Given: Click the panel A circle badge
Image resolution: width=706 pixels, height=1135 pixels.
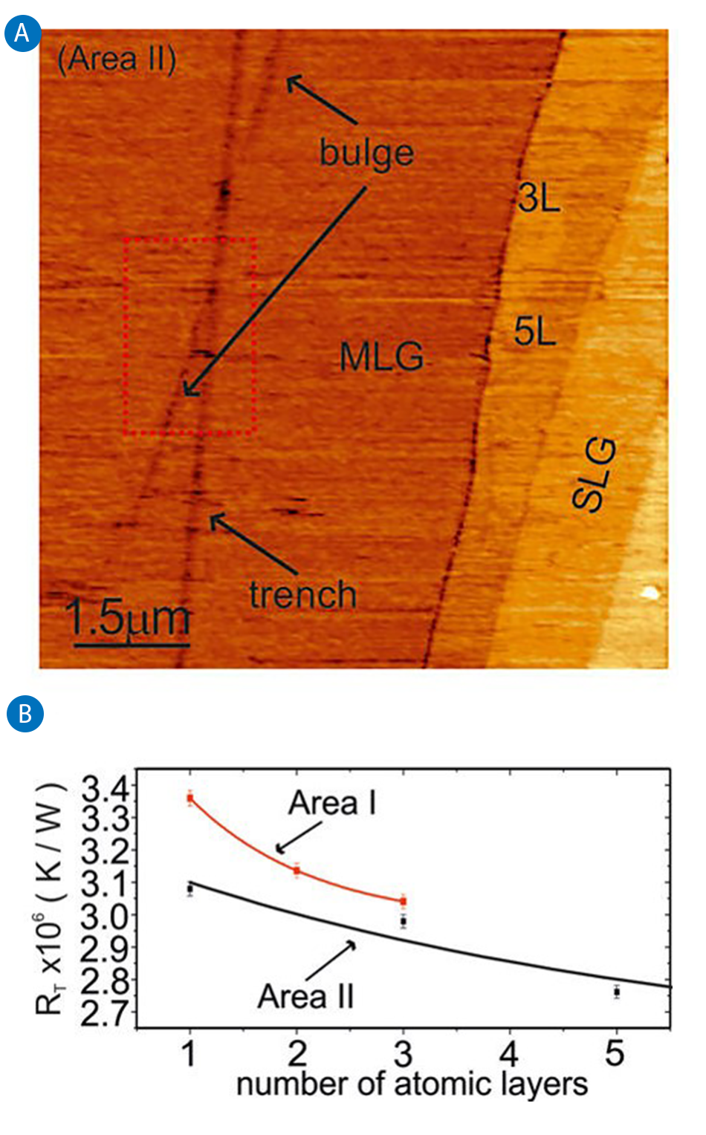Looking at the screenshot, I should click(23, 33).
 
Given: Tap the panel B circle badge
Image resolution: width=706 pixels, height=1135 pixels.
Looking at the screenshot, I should click(25, 714).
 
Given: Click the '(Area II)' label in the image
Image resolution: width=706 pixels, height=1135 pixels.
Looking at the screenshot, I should click(117, 59).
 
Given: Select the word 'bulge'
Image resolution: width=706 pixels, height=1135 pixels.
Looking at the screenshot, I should click(366, 153).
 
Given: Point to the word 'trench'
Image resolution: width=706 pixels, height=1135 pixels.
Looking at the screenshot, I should click(303, 595).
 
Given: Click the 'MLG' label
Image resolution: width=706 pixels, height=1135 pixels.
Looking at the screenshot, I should click(381, 357).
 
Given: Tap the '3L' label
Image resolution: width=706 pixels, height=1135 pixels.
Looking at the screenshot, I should click(539, 198).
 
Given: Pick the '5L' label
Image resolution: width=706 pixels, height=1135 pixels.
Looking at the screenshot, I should click(535, 331).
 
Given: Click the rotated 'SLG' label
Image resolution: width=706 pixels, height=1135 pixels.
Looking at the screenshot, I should click(595, 474).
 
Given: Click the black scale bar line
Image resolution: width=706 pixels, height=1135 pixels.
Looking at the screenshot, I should click(132, 644).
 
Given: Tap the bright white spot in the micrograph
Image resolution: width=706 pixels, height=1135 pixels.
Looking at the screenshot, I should click(651, 593).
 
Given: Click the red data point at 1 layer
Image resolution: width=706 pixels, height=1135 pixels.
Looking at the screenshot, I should click(190, 799).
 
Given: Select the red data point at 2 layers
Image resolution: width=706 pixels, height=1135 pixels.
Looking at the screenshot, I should click(297, 871).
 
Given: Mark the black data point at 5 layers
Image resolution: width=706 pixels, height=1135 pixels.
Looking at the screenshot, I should click(616, 992).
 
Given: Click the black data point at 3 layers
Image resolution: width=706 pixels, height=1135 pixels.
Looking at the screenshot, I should click(403, 921).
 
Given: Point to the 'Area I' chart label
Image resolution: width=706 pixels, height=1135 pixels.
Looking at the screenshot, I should click(332, 803).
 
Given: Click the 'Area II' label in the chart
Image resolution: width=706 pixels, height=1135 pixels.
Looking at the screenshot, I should click(305, 996).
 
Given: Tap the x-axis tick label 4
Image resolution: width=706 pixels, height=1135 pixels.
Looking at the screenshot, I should click(509, 1053).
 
